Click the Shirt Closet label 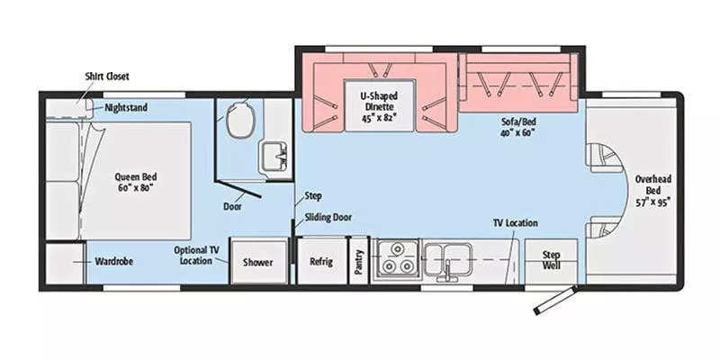tap(106, 76)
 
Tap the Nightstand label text tap(126, 107)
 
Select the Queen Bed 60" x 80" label tap(137, 183)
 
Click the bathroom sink tap(273, 158)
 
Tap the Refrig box tap(321, 262)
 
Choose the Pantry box tap(358, 262)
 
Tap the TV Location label tap(515, 221)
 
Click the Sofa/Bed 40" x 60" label tap(519, 126)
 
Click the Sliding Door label tap(328, 217)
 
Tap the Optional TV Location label tap(193, 256)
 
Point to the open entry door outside tap(553, 301)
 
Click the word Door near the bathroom tap(232, 205)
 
